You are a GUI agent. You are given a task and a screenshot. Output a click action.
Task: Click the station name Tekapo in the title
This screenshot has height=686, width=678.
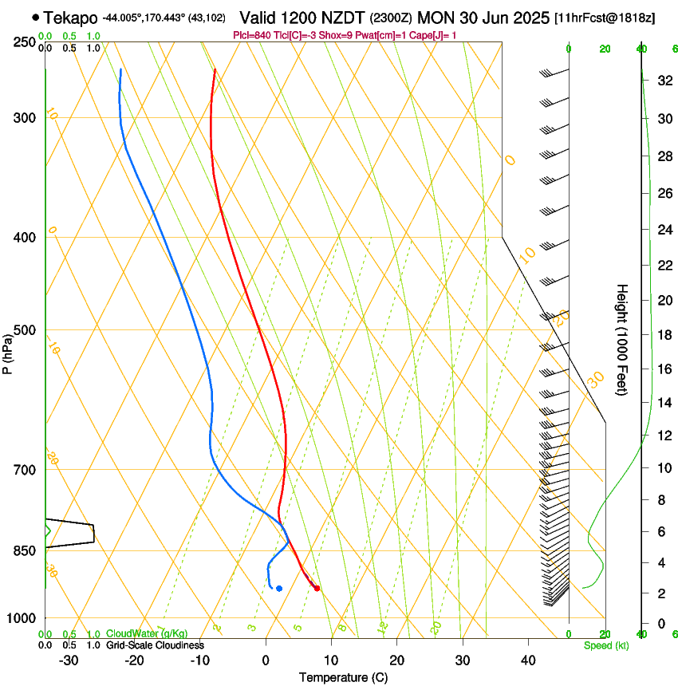tap(72, 18)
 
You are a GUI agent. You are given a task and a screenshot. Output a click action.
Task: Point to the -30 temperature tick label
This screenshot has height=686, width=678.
tap(69, 660)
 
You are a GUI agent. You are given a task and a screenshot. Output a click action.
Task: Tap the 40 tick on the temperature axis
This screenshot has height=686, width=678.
tap(528, 660)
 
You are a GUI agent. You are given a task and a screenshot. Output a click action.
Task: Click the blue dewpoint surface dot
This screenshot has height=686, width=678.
tap(279, 589)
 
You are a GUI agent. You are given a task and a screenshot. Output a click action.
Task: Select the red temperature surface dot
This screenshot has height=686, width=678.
tap(317, 589)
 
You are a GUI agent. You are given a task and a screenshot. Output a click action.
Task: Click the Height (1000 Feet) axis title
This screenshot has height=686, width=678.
tap(622, 339)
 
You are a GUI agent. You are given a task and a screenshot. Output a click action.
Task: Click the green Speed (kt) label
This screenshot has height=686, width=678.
tap(605, 645)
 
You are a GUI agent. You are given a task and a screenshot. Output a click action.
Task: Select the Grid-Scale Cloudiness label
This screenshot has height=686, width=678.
tap(155, 645)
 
